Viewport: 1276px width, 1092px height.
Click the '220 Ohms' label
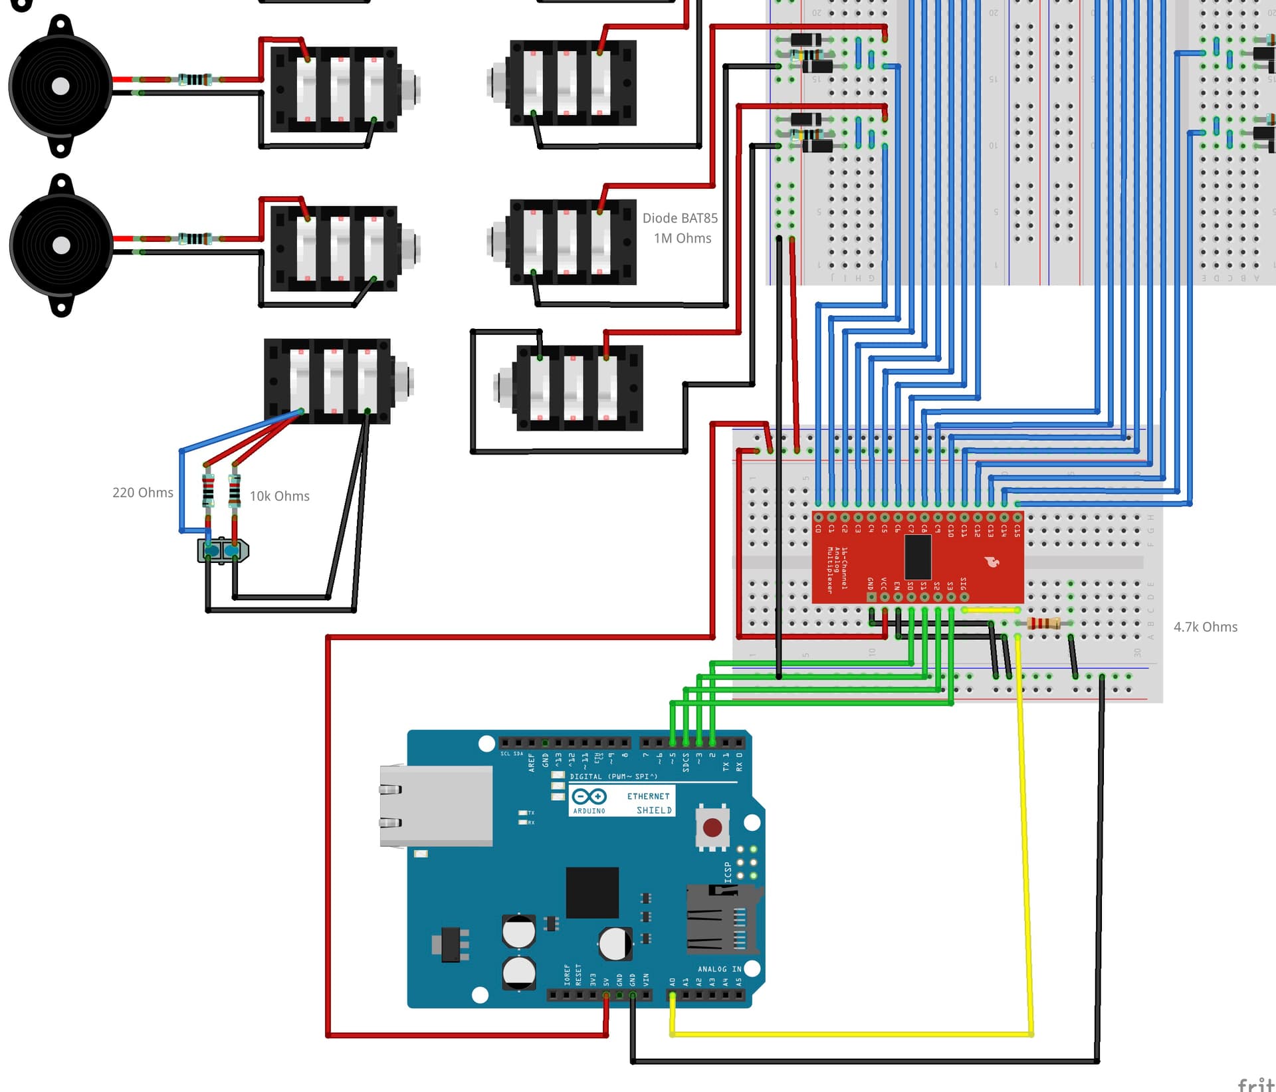pos(142,492)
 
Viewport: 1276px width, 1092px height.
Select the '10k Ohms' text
pos(279,496)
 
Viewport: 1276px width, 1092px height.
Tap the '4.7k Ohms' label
pos(1205,627)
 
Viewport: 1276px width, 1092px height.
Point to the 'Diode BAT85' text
pos(679,218)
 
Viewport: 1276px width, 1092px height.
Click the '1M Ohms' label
pos(682,238)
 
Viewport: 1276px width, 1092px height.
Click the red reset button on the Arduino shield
pos(712,827)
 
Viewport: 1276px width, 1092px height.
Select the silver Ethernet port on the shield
pos(435,806)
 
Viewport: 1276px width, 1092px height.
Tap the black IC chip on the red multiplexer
pos(917,557)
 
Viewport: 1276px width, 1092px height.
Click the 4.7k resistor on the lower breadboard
pos(1043,623)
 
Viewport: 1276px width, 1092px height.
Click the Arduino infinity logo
pos(589,796)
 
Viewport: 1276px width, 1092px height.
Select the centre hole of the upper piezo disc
pos(60,86)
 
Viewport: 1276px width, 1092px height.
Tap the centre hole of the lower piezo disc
pos(61,246)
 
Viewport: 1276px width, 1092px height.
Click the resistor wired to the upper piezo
pos(195,80)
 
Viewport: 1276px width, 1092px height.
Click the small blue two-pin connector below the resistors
pos(223,550)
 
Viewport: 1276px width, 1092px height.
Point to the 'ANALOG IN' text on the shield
pos(719,969)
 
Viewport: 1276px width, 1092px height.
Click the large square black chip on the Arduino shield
pos(592,893)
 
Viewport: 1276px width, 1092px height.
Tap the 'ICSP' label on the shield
pos(728,871)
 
